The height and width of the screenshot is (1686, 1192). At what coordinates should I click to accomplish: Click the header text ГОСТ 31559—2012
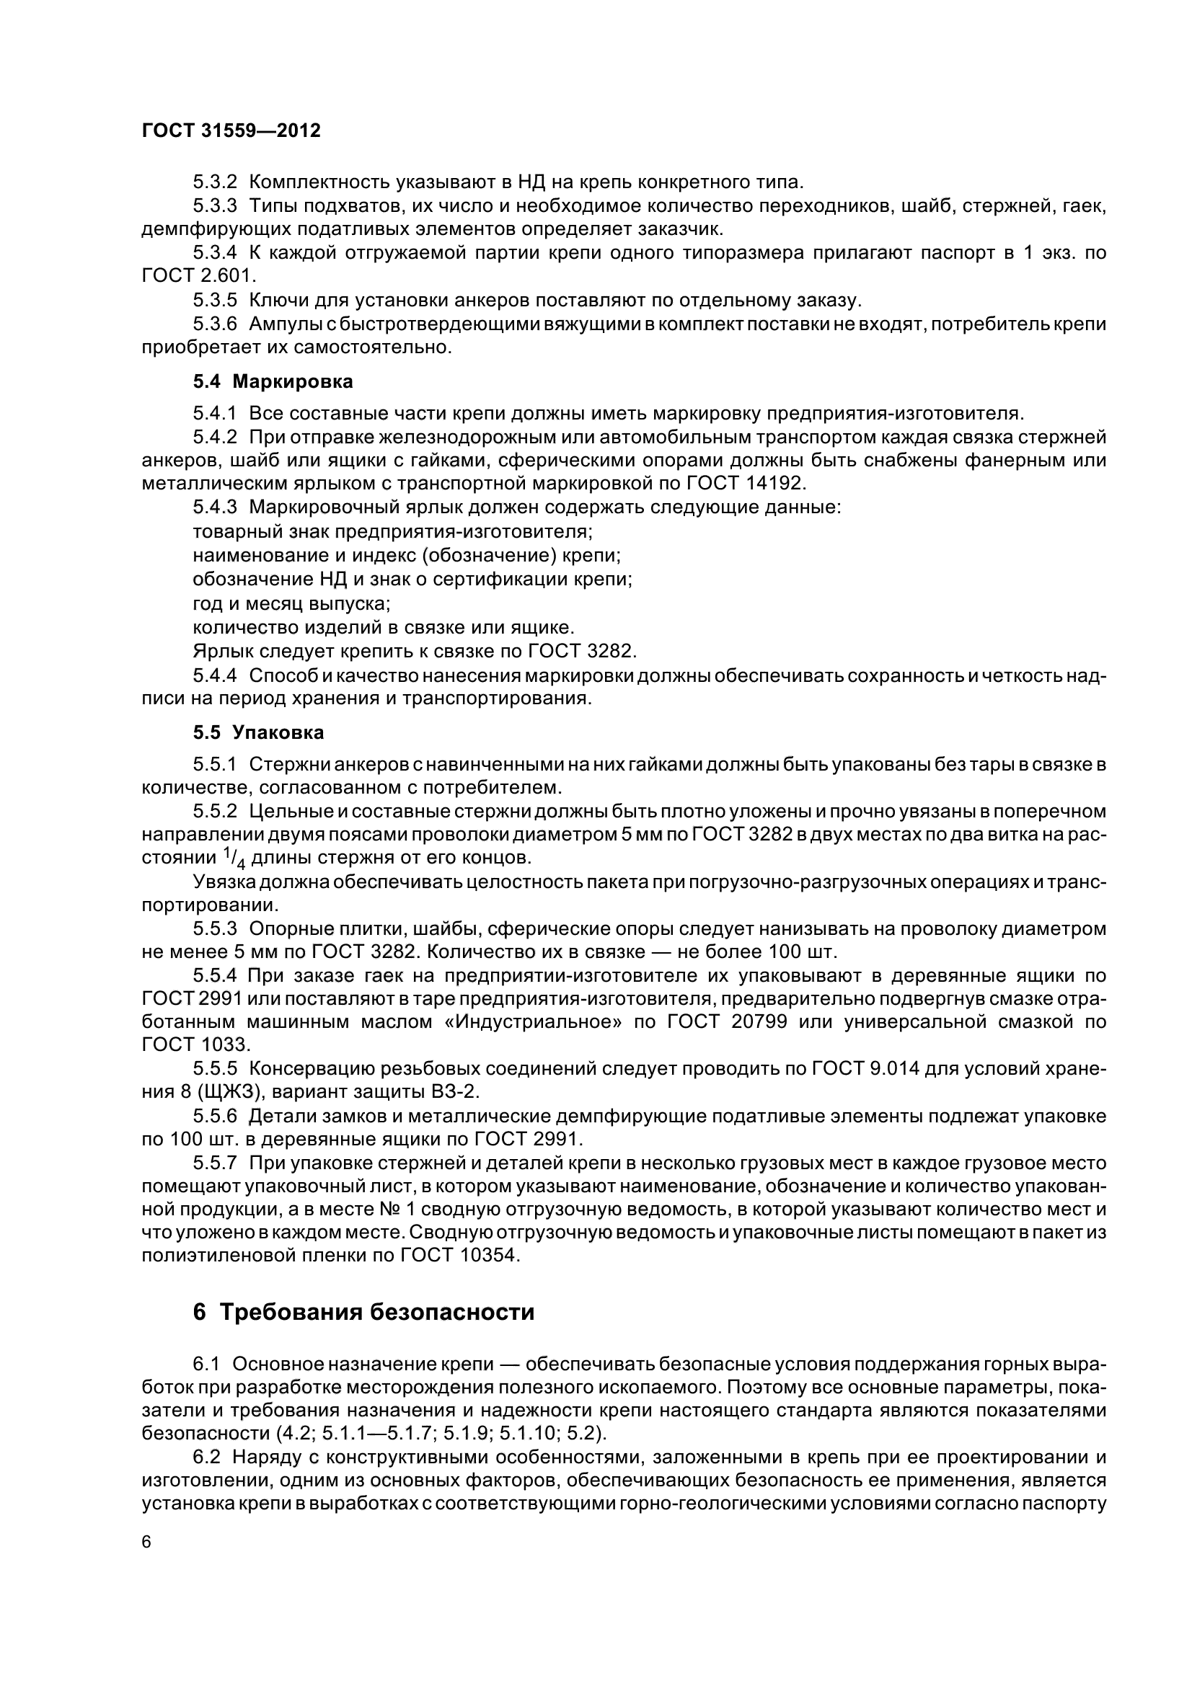tap(231, 131)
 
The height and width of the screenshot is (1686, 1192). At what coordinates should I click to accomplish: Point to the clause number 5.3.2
tap(215, 182)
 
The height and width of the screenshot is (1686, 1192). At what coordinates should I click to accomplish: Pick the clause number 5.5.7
tap(215, 1162)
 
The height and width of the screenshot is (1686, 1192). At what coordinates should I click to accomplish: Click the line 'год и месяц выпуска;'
tap(291, 603)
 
